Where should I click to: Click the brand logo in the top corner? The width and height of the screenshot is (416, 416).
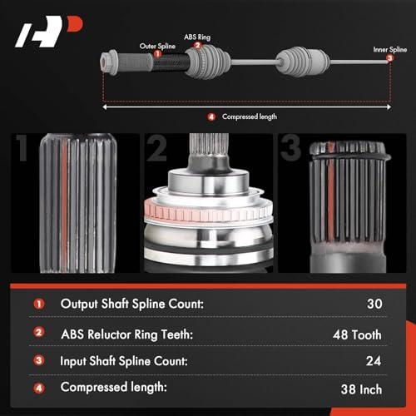pyautogui.click(x=49, y=32)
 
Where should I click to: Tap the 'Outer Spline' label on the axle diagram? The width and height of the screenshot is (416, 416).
pyautogui.click(x=157, y=46)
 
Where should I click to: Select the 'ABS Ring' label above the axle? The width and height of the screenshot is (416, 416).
pyautogui.click(x=197, y=37)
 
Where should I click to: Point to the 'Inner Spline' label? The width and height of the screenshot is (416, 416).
pyautogui.click(x=390, y=49)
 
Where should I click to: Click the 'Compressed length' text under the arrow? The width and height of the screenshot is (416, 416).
pyautogui.click(x=250, y=116)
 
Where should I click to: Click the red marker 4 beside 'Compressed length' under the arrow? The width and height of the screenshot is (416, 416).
pyautogui.click(x=211, y=116)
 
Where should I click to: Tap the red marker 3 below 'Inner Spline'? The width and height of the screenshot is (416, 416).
pyautogui.click(x=390, y=58)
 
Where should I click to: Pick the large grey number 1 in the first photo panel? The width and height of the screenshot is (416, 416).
pyautogui.click(x=22, y=147)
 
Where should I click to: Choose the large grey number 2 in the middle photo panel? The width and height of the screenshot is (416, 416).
pyautogui.click(x=156, y=148)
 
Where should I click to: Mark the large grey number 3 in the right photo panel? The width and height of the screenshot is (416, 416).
pyautogui.click(x=290, y=147)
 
